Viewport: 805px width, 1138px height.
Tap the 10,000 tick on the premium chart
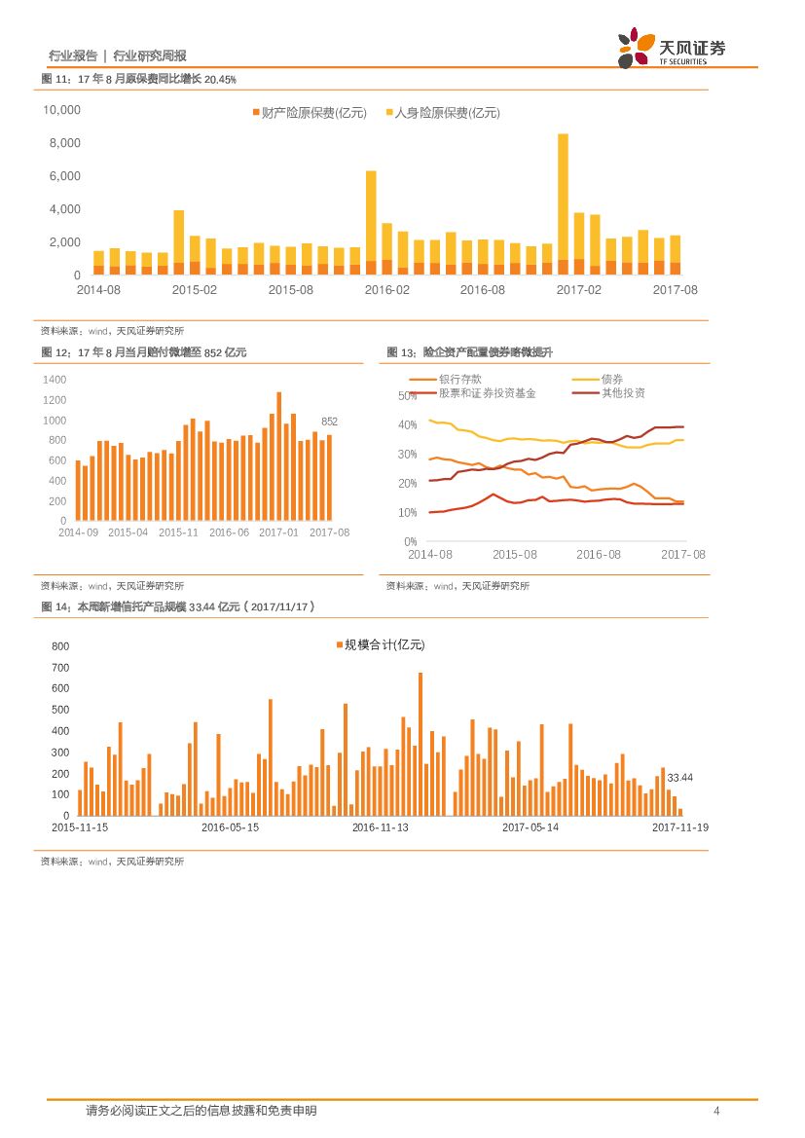(61, 110)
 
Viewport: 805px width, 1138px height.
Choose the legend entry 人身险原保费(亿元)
(443, 113)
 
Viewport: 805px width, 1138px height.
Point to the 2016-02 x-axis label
(387, 290)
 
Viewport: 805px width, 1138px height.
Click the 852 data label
(329, 422)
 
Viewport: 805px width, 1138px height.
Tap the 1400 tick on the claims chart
(55, 380)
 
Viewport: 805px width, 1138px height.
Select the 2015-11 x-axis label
(178, 532)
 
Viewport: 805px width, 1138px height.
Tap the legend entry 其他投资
(623, 393)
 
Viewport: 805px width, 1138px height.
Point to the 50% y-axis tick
(408, 396)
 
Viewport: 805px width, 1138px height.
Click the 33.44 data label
(679, 777)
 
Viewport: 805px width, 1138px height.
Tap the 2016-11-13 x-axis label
(381, 827)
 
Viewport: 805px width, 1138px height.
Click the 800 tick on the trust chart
(60, 646)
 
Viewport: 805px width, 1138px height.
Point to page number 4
(716, 1111)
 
